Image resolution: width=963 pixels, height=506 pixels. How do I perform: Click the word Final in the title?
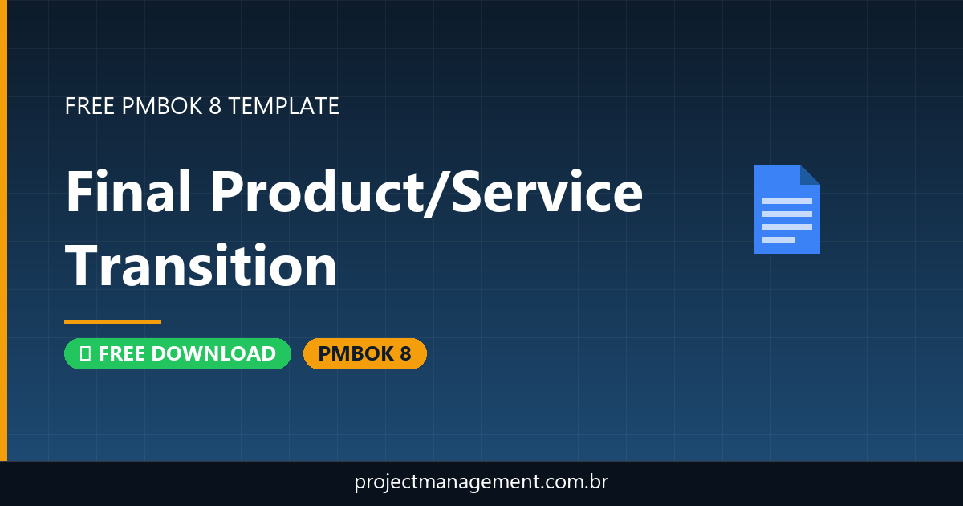(128, 193)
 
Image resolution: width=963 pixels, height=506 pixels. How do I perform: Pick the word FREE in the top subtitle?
(90, 106)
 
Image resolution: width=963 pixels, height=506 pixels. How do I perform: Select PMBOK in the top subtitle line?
(161, 106)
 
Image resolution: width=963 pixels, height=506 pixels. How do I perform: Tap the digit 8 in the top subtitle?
(214, 106)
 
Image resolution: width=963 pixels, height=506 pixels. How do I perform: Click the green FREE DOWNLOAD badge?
(177, 353)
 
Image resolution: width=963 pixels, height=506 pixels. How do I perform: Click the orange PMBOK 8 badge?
(364, 353)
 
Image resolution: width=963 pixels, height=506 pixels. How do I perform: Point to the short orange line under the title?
(112, 322)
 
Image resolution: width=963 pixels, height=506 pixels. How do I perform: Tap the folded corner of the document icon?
(810, 174)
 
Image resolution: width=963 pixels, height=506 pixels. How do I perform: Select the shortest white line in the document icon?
(778, 239)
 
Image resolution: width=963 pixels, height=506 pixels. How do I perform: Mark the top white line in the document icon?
(786, 201)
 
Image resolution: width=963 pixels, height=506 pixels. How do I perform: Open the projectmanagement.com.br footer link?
(481, 483)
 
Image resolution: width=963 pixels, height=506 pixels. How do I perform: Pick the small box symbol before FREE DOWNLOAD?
(85, 353)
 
